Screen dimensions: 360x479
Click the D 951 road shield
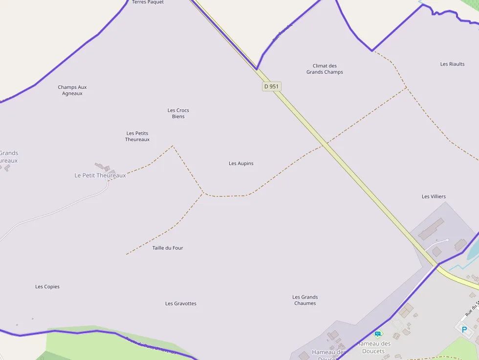(x=271, y=86)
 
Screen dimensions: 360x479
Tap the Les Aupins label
(x=241, y=163)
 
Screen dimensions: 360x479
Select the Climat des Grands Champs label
(x=325, y=69)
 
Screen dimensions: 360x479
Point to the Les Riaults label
(x=452, y=64)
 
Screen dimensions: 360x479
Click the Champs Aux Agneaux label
(x=72, y=90)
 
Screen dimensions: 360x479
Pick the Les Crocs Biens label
(x=178, y=113)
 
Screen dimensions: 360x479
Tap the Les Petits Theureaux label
(x=137, y=136)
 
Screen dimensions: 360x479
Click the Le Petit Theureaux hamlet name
(x=100, y=175)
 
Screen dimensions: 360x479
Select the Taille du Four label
(x=168, y=248)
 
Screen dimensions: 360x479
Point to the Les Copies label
(x=47, y=287)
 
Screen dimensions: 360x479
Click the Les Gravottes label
(x=181, y=303)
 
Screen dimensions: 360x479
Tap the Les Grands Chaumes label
(x=305, y=300)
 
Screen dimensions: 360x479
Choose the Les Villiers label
(x=434, y=196)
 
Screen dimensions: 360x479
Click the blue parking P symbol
(x=464, y=330)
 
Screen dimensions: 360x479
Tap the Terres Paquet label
(x=148, y=2)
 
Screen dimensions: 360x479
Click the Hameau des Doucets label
(x=373, y=347)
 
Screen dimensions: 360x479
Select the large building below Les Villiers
(x=431, y=229)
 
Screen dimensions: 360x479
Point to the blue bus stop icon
(x=377, y=335)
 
